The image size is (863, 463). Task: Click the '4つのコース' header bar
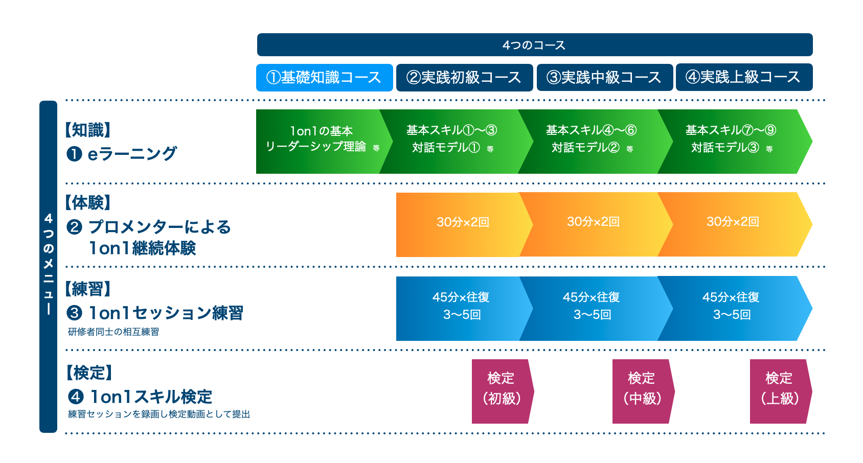534,45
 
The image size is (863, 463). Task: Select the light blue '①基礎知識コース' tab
324,77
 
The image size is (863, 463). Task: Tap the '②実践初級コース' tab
464,77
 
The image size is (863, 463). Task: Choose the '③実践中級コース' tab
604,77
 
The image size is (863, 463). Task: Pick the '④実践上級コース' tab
744,77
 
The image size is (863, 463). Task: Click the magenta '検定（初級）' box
501,391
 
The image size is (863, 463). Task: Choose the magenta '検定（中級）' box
642,391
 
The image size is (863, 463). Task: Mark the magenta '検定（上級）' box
779,391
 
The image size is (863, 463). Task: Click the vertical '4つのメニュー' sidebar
48,266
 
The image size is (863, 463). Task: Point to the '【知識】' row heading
88,130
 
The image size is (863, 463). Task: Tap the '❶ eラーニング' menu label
122,153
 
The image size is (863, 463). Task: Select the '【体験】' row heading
88,203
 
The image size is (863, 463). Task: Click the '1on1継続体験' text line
142,248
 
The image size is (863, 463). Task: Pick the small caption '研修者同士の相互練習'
113,332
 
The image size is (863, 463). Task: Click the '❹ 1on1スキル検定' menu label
140,397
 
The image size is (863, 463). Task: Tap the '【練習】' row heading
88,289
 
